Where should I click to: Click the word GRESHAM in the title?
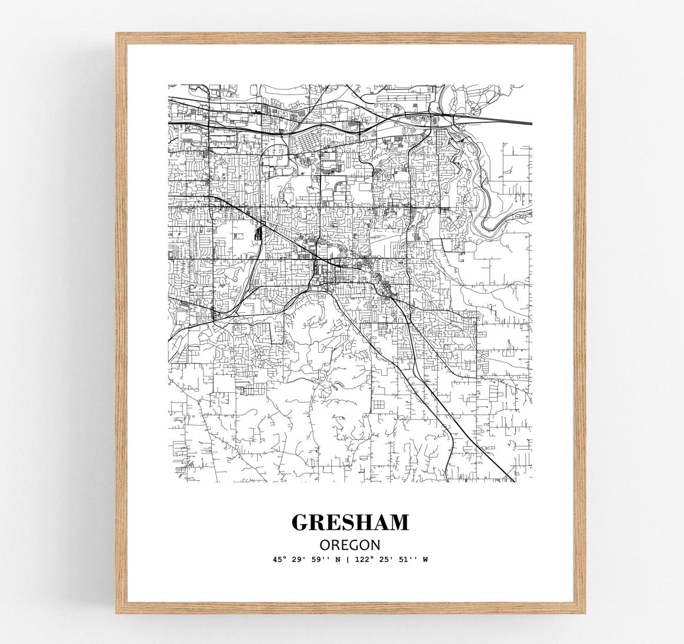pyautogui.click(x=350, y=522)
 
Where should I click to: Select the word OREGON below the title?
pyautogui.click(x=350, y=545)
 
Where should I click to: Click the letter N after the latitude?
pyautogui.click(x=338, y=560)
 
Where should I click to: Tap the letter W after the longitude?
pyautogui.click(x=425, y=560)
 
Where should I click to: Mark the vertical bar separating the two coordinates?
pyautogui.click(x=348, y=560)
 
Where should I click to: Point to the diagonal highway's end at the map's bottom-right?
pyautogui.click(x=513, y=480)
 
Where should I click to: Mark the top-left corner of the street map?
pyautogui.click(x=169, y=84)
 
